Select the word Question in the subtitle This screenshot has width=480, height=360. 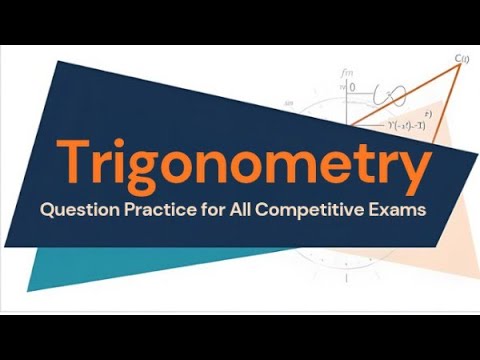[x=75, y=211]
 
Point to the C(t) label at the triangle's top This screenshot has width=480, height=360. [x=463, y=60]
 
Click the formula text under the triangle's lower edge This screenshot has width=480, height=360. [x=394, y=125]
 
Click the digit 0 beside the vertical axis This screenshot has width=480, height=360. [x=352, y=87]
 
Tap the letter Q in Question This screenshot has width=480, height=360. [x=45, y=211]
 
